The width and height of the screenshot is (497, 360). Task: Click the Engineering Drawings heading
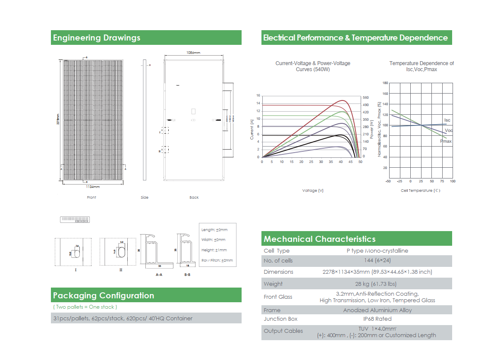[x=97, y=38]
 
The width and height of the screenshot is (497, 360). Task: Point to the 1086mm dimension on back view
[x=193, y=53]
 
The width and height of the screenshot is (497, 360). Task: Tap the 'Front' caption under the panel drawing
[x=91, y=197]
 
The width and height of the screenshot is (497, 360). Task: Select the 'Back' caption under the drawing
[x=194, y=197]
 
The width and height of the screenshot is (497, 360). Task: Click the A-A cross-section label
[x=159, y=274]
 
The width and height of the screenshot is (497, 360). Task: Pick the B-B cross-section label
[x=187, y=274]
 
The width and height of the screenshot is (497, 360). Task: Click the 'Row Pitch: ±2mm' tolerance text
[x=217, y=260]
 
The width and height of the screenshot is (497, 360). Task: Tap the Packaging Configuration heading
[x=104, y=296]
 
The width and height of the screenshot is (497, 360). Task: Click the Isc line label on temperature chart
[x=447, y=120]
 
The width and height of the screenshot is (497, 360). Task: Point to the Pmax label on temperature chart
[x=446, y=141]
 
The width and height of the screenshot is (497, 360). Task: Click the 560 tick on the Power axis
[x=365, y=98]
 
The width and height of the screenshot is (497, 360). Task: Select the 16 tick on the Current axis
[x=258, y=96]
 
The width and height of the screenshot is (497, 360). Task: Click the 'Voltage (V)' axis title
[x=313, y=191]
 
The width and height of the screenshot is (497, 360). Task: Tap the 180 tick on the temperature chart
[x=385, y=83]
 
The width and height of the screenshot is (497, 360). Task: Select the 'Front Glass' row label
[x=278, y=297]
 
